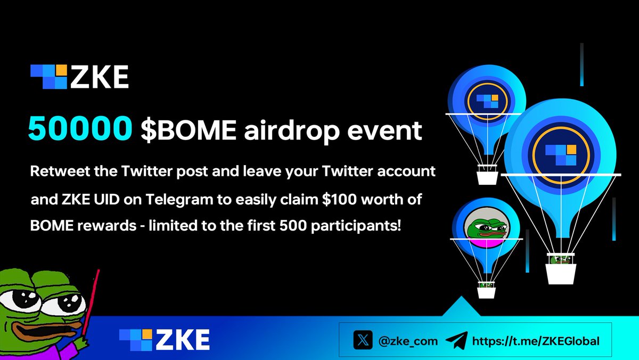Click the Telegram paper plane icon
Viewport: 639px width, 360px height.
(456, 340)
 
